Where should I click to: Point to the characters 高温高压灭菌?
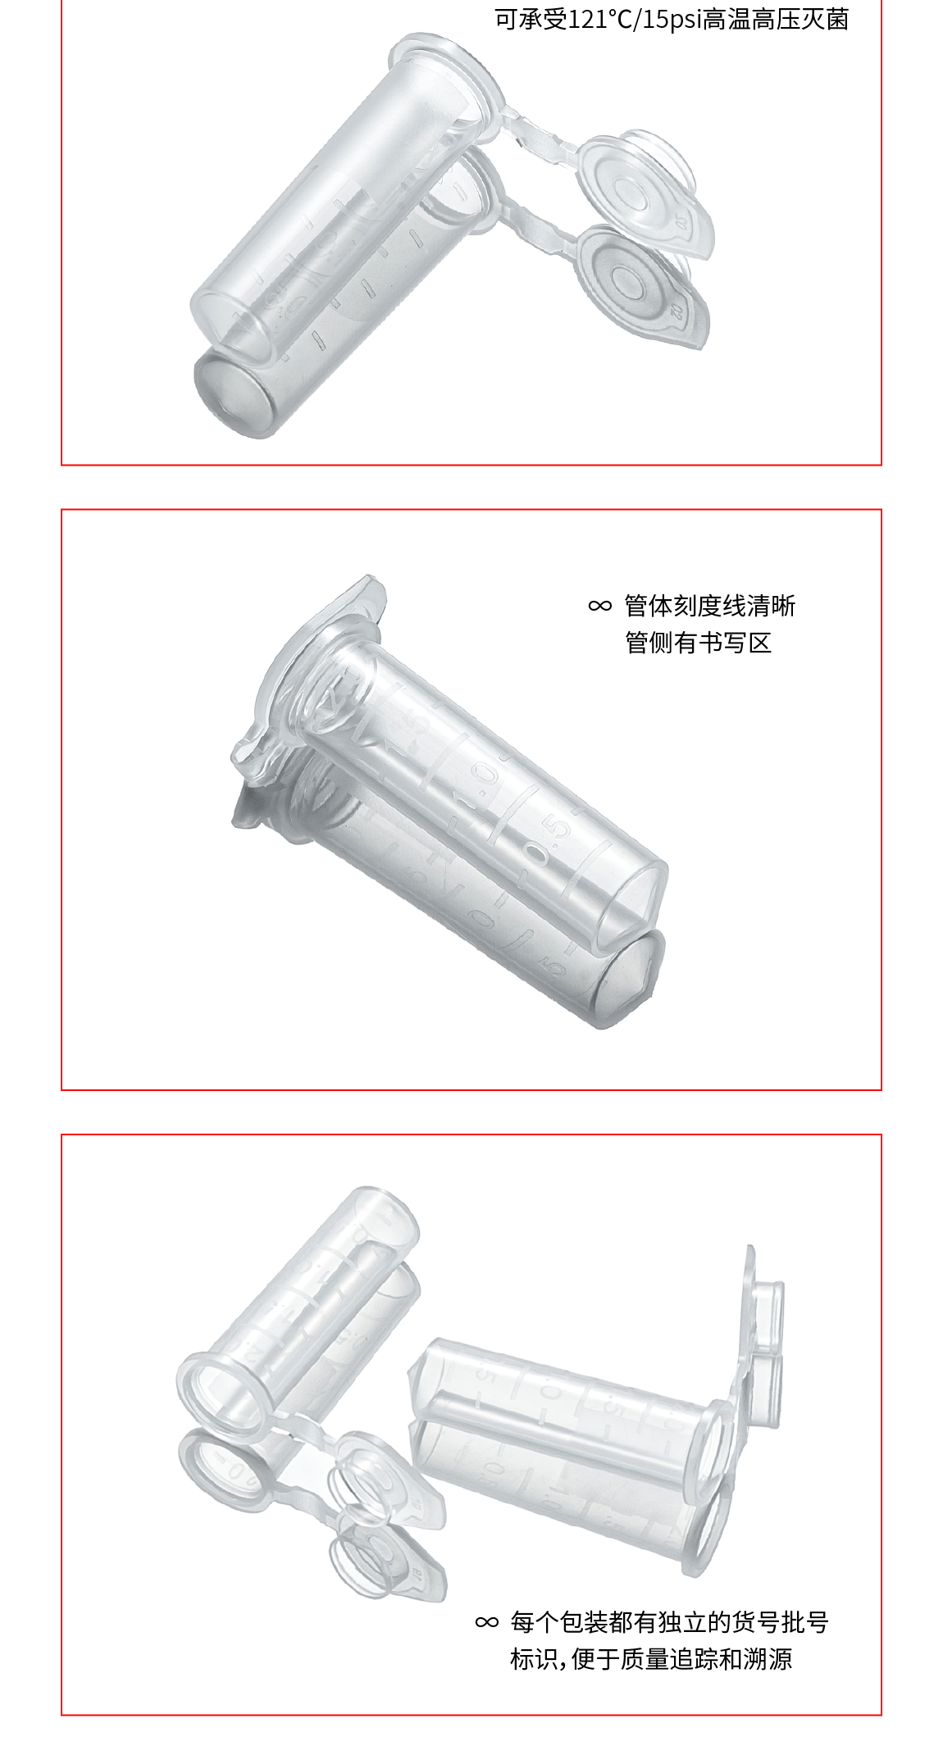click(776, 19)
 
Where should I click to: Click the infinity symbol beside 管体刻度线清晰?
click(600, 606)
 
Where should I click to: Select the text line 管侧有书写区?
click(699, 643)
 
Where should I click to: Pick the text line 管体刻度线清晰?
click(710, 606)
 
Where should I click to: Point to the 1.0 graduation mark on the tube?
click(478, 785)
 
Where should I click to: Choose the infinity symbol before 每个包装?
click(487, 1622)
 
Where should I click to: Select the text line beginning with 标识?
click(651, 1659)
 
